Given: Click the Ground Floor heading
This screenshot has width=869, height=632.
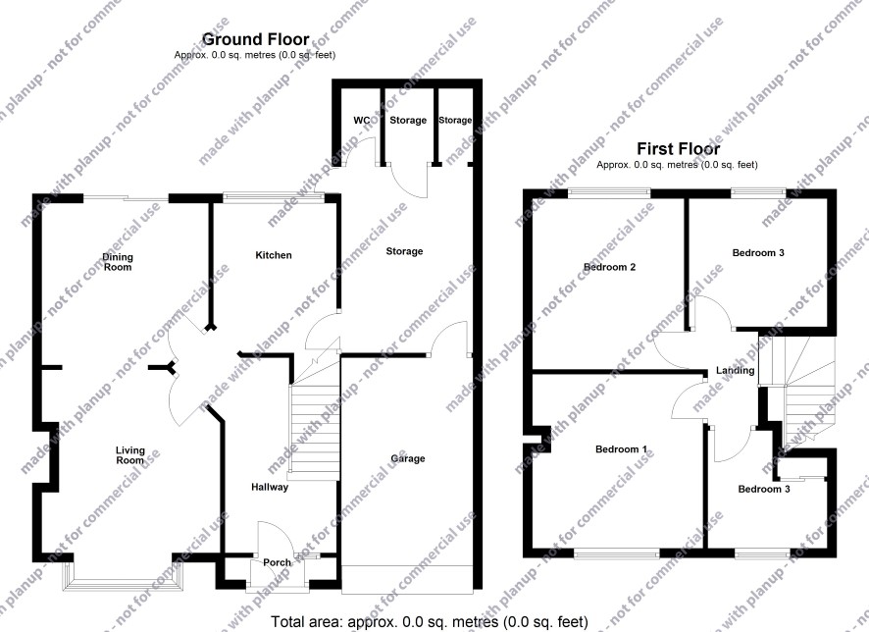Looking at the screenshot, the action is pos(255,39).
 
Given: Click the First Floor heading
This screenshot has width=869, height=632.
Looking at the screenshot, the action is pos(679,148).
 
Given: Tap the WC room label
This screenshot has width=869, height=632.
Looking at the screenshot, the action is pos(362,121).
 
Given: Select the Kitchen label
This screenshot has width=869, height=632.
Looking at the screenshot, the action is pos(274,255).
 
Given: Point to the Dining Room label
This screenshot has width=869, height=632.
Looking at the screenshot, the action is pos(118,262).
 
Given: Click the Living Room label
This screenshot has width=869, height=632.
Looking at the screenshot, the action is pos(130,455).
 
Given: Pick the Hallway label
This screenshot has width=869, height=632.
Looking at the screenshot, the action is pos(270,487).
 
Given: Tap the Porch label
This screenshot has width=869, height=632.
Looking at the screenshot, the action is pos(278,562).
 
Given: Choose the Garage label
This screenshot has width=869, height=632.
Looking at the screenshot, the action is pos(408,458).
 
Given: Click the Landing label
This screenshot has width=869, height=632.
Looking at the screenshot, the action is pos(735,370).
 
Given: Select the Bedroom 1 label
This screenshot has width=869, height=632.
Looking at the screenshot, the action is pos(621,449).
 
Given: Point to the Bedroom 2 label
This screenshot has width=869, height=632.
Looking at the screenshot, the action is pos(610,267).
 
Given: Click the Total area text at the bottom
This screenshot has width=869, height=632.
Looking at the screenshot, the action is pos(429,622).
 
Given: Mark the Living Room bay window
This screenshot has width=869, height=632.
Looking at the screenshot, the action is pos(123,579).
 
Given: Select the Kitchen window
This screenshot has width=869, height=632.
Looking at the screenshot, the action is pos(274,194).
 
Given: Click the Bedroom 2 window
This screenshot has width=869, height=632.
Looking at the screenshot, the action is pos(610,192).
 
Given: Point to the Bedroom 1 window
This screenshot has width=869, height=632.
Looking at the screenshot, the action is pos(617,553).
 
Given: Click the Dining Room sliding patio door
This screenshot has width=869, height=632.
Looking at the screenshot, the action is pos(126,197).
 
